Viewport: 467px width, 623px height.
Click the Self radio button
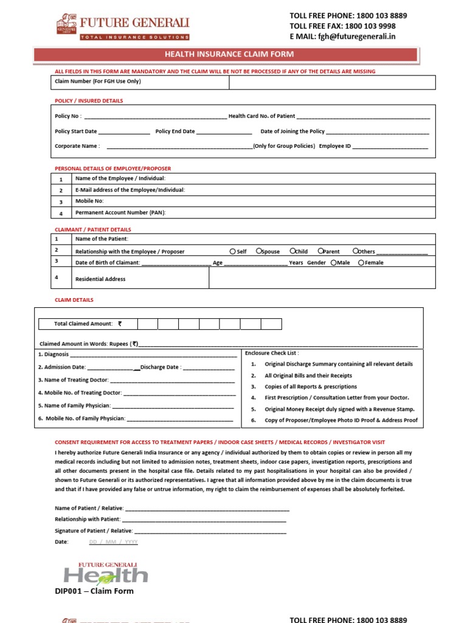[x=233, y=251]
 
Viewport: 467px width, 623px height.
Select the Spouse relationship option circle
[x=259, y=251]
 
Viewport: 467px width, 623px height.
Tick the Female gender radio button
[x=361, y=263]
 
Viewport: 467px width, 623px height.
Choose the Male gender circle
[x=334, y=263]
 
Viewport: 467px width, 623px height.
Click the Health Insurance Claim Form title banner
[x=233, y=55]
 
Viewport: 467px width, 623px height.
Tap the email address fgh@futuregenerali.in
[x=353, y=37]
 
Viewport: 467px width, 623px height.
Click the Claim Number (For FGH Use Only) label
[x=97, y=81]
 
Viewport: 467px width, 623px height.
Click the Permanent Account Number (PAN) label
[x=120, y=212]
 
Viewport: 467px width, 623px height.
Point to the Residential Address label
[x=100, y=279]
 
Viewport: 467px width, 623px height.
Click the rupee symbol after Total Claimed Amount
[x=120, y=324]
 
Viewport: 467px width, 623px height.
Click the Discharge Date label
[x=160, y=367]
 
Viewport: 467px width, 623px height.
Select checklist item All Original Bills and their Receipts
[x=308, y=375]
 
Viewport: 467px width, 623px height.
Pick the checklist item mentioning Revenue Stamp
[x=339, y=409]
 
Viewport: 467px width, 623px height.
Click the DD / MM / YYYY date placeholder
[x=114, y=541]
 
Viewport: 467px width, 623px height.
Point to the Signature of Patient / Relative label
[x=89, y=531]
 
